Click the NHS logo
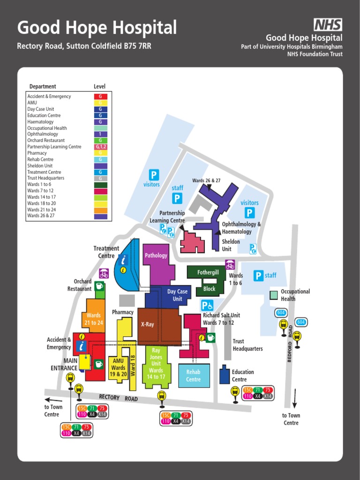328,25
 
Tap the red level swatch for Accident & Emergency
100,97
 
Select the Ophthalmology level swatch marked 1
100,134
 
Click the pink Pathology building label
156,255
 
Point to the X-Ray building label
148,324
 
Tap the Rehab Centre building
194,376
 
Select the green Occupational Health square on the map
274,295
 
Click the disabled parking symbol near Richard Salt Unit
207,306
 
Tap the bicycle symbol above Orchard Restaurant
104,273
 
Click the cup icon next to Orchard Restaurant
99,286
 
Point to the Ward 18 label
133,365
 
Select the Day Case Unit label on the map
177,295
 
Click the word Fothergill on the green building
208,272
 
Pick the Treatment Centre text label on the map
106,252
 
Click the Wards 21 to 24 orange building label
94,319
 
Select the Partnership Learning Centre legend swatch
100,147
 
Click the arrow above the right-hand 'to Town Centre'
295,398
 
